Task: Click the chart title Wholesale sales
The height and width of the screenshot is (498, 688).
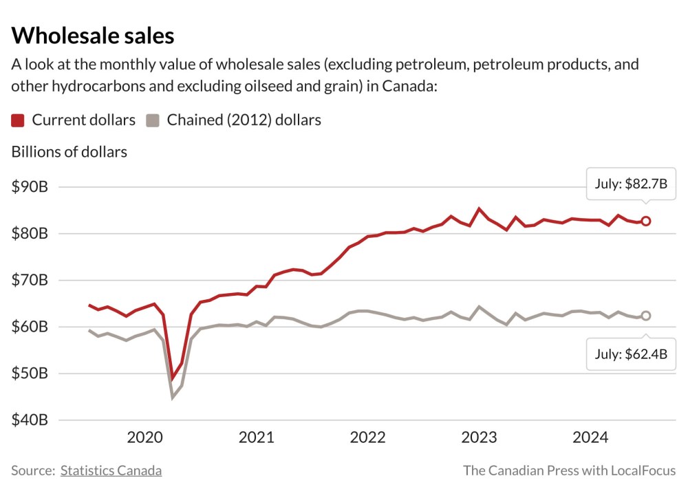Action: point(93,35)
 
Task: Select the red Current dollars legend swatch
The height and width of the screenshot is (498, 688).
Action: point(19,120)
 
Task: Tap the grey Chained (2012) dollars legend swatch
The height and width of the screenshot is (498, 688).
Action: point(153,120)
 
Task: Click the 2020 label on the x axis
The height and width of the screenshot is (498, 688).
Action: point(145,437)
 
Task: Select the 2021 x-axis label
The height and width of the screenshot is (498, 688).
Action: point(257,437)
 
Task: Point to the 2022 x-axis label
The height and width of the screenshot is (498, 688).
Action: point(368,437)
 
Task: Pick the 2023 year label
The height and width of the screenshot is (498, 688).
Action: point(479,437)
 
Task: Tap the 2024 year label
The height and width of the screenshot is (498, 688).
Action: point(590,437)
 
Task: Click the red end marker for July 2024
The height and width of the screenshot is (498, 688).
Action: point(645,221)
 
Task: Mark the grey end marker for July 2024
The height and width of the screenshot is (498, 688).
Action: point(645,316)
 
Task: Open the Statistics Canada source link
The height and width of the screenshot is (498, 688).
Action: point(111,471)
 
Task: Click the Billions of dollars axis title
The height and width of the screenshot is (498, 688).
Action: point(69,152)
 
